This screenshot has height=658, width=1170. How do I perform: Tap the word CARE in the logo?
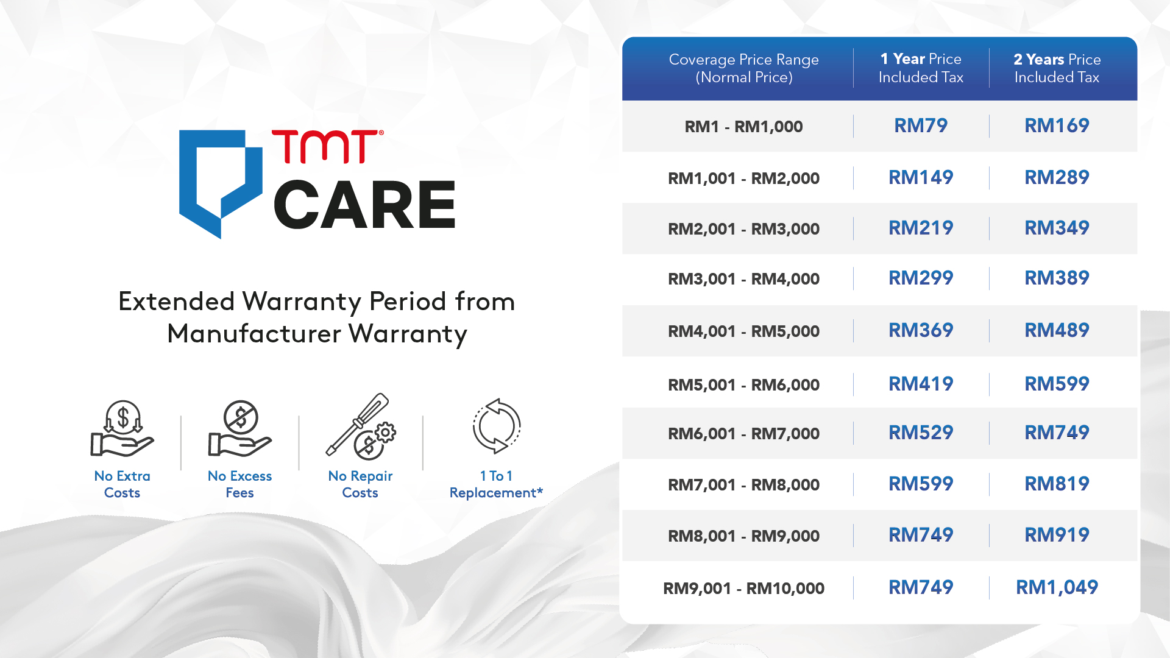tap(364, 205)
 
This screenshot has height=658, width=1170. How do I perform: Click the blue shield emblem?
tap(220, 183)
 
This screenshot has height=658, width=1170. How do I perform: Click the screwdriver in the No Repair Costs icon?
tap(356, 424)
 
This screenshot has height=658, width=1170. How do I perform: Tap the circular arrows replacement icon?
tap(497, 426)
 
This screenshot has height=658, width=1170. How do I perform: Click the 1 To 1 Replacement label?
tap(496, 484)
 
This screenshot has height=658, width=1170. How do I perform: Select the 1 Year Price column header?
tap(921, 68)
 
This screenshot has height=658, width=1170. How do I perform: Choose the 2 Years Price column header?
tap(1057, 68)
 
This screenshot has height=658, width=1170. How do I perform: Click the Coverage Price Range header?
tap(744, 68)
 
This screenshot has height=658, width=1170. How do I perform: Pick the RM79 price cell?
tap(921, 126)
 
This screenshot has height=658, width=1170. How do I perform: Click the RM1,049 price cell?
tap(1057, 587)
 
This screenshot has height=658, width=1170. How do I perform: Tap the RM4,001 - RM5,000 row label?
tap(744, 331)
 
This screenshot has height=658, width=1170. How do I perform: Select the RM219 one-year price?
tap(921, 228)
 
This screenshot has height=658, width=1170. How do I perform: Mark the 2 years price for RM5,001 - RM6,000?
tap(1057, 384)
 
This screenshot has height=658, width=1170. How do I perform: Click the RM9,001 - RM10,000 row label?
tap(744, 589)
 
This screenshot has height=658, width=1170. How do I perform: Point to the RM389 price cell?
tap(1057, 278)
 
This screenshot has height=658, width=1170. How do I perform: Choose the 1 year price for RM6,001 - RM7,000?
tap(921, 433)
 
